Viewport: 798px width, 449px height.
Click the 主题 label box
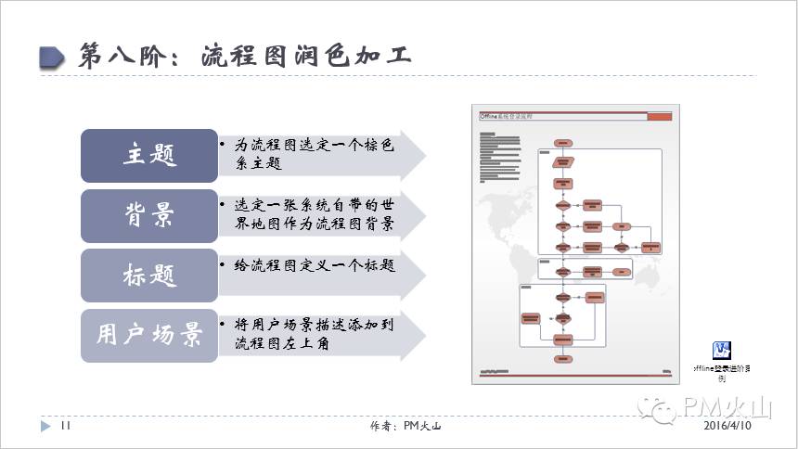[149, 156]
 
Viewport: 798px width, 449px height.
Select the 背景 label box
[149, 216]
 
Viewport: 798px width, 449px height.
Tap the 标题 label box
[149, 276]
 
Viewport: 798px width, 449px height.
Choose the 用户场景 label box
[149, 334]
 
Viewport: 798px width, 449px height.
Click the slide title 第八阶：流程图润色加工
[245, 55]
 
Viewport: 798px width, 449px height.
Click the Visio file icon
[721, 351]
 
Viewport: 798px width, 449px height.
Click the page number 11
[66, 426]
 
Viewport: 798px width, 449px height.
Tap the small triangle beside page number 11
[45, 426]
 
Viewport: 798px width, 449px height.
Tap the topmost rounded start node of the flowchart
[562, 143]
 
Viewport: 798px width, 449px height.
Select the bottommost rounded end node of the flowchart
[562, 359]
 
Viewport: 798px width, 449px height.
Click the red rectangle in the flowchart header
[658, 117]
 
